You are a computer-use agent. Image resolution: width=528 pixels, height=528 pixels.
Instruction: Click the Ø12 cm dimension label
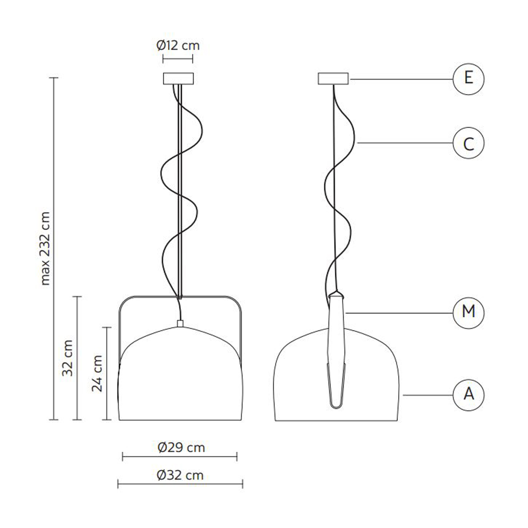tap(178, 45)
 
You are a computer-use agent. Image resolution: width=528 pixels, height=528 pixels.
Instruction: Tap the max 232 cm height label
tap(45, 249)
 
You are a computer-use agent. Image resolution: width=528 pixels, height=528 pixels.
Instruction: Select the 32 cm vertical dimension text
tap(68, 358)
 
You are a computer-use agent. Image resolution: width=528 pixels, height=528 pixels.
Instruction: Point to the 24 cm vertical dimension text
tap(97, 374)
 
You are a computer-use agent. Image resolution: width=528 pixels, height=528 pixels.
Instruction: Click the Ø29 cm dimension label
tap(181, 447)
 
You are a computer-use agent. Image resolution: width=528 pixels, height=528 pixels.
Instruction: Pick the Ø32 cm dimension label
tap(180, 475)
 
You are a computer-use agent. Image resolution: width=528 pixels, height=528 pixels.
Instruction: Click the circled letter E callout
tap(468, 79)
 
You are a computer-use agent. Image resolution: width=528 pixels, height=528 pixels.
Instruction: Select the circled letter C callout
tap(468, 143)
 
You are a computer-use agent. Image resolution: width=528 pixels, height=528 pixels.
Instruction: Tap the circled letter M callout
tap(468, 313)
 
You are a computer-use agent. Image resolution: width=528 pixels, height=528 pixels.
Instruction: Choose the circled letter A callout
tap(468, 395)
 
